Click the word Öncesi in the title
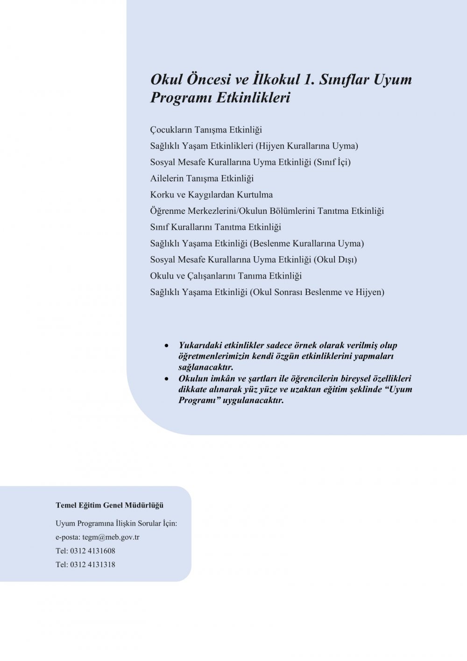coord(212,79)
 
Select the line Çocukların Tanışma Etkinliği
coord(206,130)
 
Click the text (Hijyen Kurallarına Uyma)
coord(307,146)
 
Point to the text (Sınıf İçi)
coord(332,162)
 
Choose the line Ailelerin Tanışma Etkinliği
coord(202,178)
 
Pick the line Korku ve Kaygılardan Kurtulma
coord(211,195)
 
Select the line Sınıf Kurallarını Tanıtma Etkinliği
coord(215,227)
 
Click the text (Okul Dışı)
coord(335,260)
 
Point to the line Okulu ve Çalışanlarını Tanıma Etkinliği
coord(226,276)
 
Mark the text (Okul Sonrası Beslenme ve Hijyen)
coord(317,292)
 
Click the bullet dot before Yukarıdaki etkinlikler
coord(167,346)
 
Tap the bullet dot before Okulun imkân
coord(167,379)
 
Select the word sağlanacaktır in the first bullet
coord(205,367)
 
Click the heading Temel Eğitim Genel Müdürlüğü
coord(109,506)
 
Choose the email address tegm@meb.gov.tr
coord(111,537)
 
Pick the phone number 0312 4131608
coord(92,551)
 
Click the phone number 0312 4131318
coord(92,565)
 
